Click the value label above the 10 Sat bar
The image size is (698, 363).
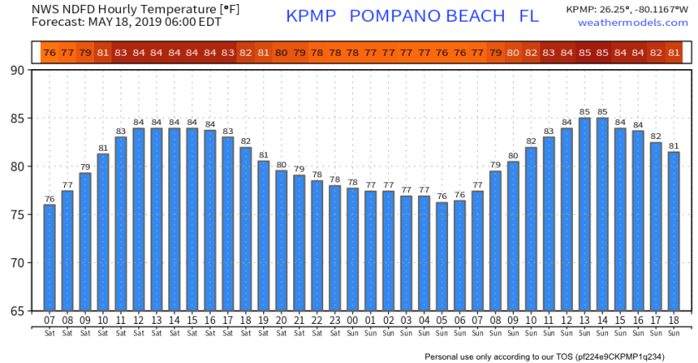point(103,148)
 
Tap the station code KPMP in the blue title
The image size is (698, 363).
point(312,17)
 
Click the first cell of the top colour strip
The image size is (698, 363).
point(49,52)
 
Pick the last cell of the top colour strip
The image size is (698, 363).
point(673,52)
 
